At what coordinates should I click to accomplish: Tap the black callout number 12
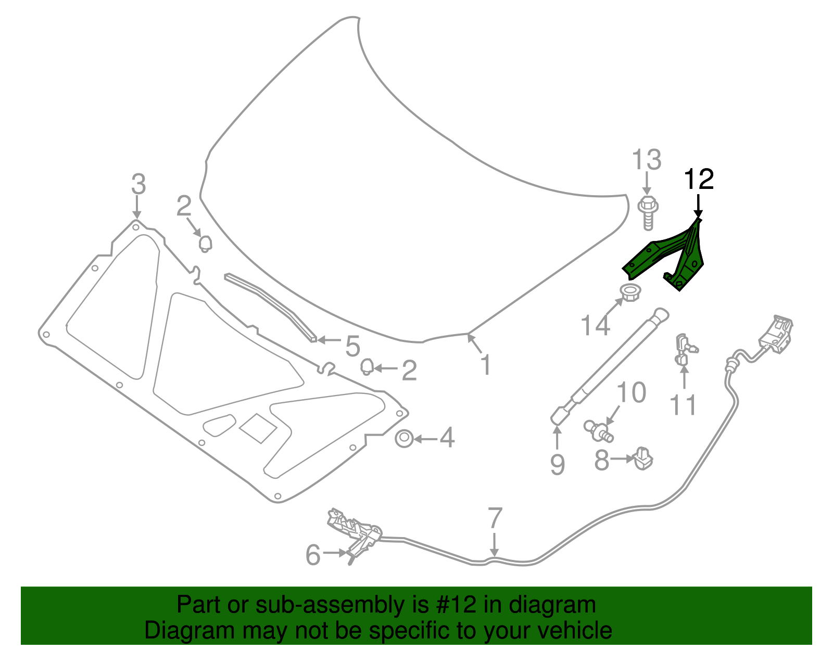coord(698,180)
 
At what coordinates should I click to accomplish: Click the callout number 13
coord(647,160)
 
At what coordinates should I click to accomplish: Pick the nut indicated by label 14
coord(630,292)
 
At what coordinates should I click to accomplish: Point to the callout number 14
coord(595,325)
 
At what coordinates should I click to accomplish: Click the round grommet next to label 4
coord(404,439)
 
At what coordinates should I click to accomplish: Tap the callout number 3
coord(138,184)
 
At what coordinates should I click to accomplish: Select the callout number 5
coord(352,346)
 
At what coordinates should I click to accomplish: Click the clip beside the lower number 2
coord(367,367)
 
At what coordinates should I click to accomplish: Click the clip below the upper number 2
coord(205,243)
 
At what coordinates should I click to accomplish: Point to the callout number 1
coord(485,365)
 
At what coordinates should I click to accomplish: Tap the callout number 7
coord(495,518)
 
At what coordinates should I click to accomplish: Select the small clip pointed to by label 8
coord(643,458)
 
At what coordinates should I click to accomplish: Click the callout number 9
coord(557,464)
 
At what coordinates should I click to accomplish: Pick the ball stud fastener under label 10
coord(598,430)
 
